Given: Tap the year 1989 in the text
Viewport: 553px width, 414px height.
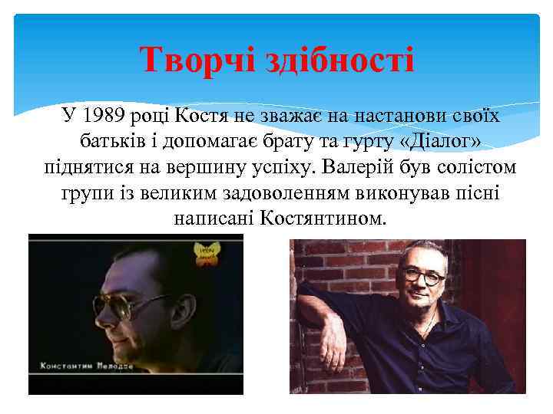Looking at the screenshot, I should point(104,117).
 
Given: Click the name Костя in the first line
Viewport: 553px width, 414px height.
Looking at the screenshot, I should point(201,117).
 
